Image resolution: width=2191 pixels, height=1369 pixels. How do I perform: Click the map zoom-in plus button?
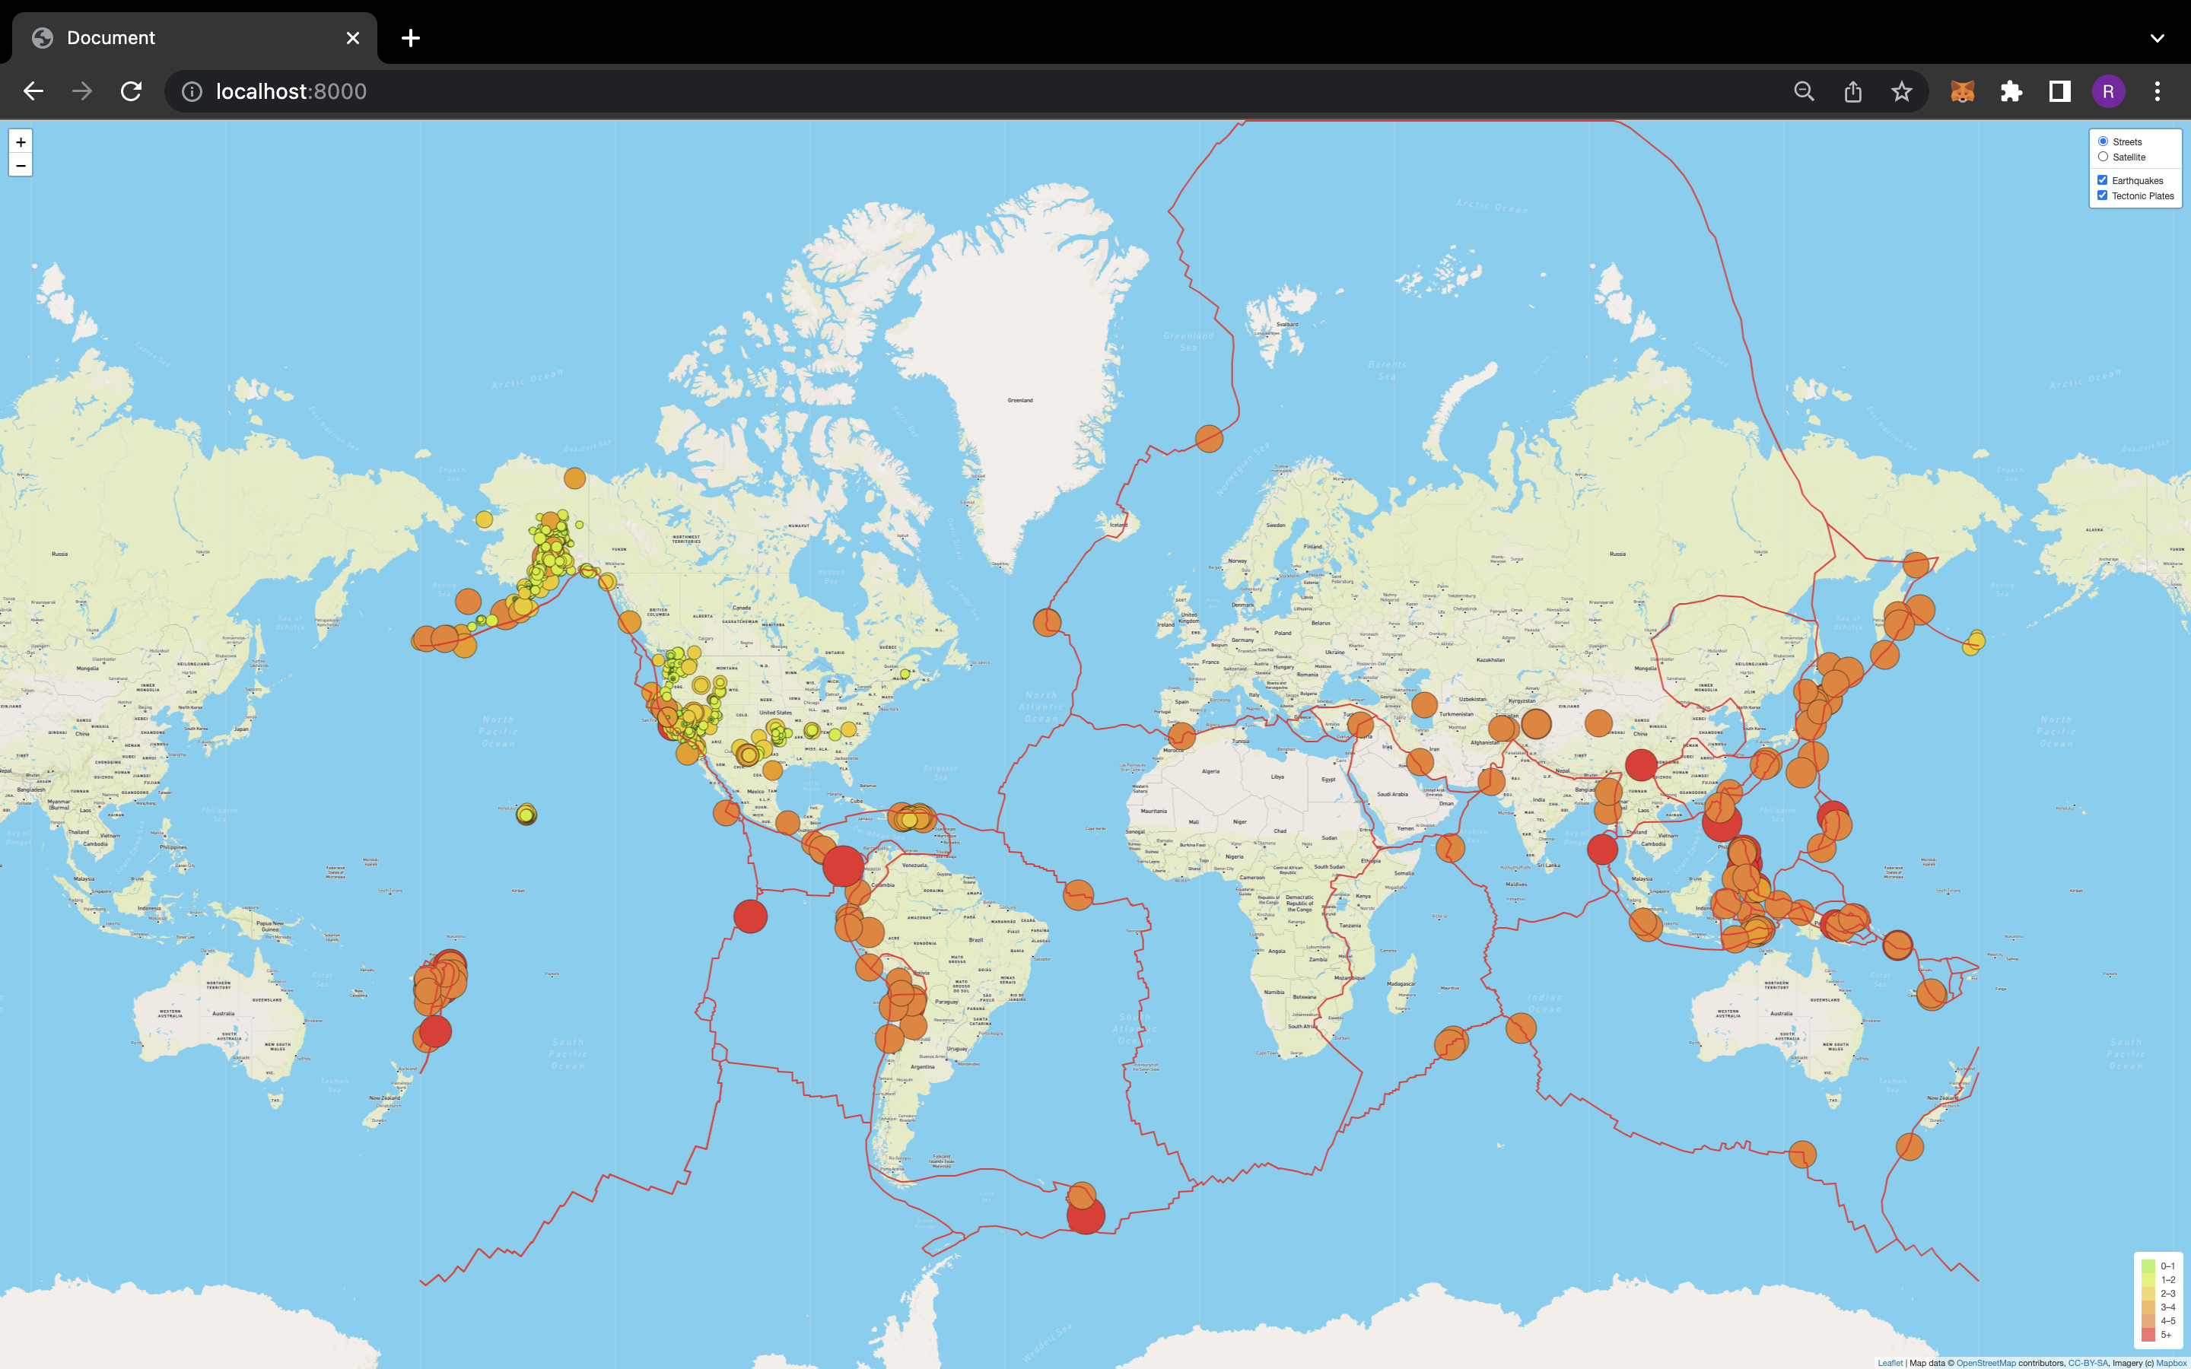coord(21,142)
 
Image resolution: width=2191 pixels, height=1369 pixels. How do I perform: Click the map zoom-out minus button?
coord(21,166)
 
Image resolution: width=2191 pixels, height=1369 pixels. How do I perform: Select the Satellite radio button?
coord(2104,157)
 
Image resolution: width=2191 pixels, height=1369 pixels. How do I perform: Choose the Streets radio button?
coord(2104,141)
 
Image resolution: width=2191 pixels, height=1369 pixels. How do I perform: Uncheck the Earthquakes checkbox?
coord(2102,180)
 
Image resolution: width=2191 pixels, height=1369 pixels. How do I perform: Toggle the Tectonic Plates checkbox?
coord(2102,195)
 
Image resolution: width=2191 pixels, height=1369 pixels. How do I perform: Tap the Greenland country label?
coord(1020,400)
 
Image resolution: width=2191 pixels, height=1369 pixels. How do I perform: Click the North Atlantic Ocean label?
coord(1041,707)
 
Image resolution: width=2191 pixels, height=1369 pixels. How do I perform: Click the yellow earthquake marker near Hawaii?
coord(526,815)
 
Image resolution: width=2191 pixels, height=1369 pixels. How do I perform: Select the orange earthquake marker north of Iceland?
coord(1209,438)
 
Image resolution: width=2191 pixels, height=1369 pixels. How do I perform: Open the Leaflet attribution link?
coord(1890,1363)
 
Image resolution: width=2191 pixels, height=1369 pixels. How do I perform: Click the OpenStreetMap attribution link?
coord(1986,1363)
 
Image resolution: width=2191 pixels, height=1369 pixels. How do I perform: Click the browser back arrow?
coord(33,91)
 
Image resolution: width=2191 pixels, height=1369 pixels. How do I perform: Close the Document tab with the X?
coord(353,38)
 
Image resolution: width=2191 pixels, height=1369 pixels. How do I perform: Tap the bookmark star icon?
coord(1901,91)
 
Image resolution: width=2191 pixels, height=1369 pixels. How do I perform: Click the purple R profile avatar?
coord(2108,91)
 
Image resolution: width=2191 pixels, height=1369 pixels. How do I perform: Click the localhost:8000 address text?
coord(291,91)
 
